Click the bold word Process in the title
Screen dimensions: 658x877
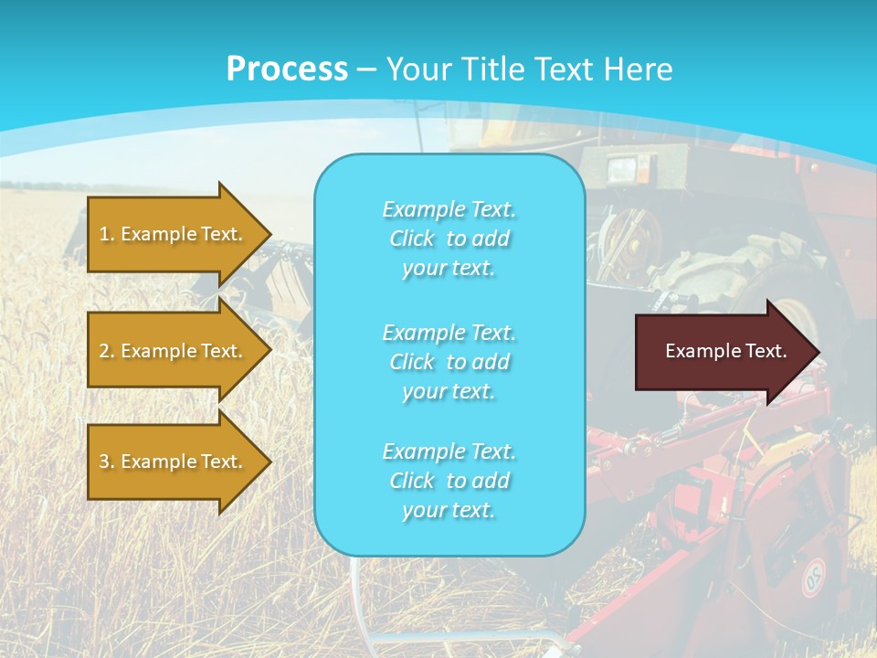[x=287, y=69]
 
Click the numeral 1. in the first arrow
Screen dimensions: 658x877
[x=107, y=234]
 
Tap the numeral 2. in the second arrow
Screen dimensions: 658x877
[x=107, y=351]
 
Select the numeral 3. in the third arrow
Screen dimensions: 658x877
[x=107, y=462]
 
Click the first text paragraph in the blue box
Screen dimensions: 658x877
[x=449, y=239]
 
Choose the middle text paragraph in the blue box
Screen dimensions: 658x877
[x=449, y=362]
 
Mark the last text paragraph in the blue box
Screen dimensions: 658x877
[x=449, y=481]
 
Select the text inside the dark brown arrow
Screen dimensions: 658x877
[x=726, y=351]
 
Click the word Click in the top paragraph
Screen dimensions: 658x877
[x=412, y=239]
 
